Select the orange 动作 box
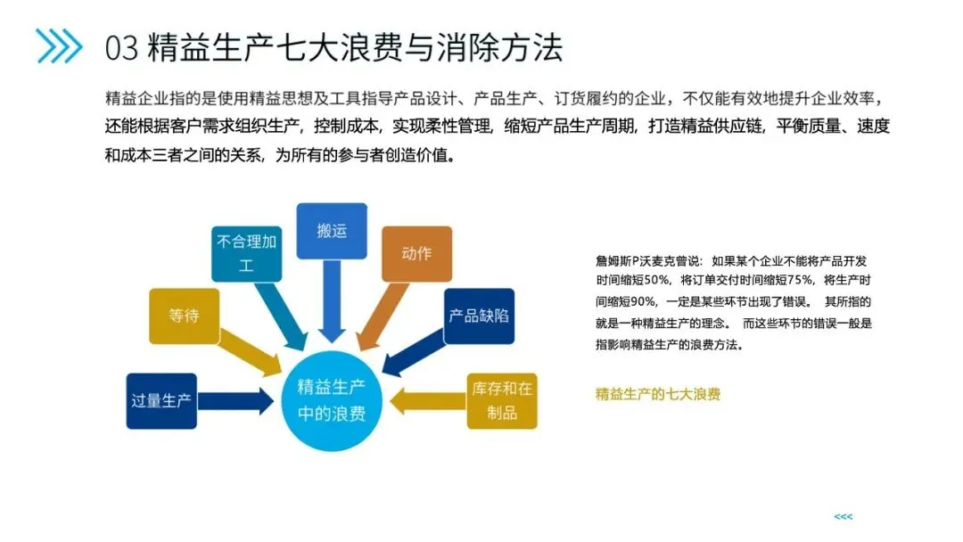(x=416, y=254)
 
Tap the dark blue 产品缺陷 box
(x=479, y=316)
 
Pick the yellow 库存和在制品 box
(x=502, y=400)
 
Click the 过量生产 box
(x=161, y=400)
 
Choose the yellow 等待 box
(x=184, y=316)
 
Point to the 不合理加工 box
(x=247, y=253)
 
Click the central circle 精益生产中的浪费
(x=331, y=400)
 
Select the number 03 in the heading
(x=121, y=47)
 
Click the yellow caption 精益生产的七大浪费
(x=657, y=394)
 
